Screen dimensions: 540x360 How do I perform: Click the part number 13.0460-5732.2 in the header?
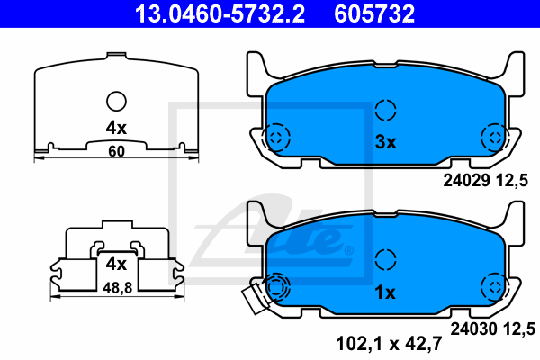(220, 13)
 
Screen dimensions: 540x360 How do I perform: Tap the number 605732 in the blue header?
(374, 13)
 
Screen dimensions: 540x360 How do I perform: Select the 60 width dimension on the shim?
(116, 151)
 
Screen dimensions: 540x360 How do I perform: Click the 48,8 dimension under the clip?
(117, 288)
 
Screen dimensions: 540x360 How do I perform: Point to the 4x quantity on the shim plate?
(116, 128)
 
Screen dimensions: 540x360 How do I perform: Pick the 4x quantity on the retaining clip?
(116, 265)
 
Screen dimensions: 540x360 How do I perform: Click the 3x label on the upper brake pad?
(386, 142)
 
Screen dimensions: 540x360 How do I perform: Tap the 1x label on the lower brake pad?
(385, 292)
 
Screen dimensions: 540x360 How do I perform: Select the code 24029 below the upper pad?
(466, 180)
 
